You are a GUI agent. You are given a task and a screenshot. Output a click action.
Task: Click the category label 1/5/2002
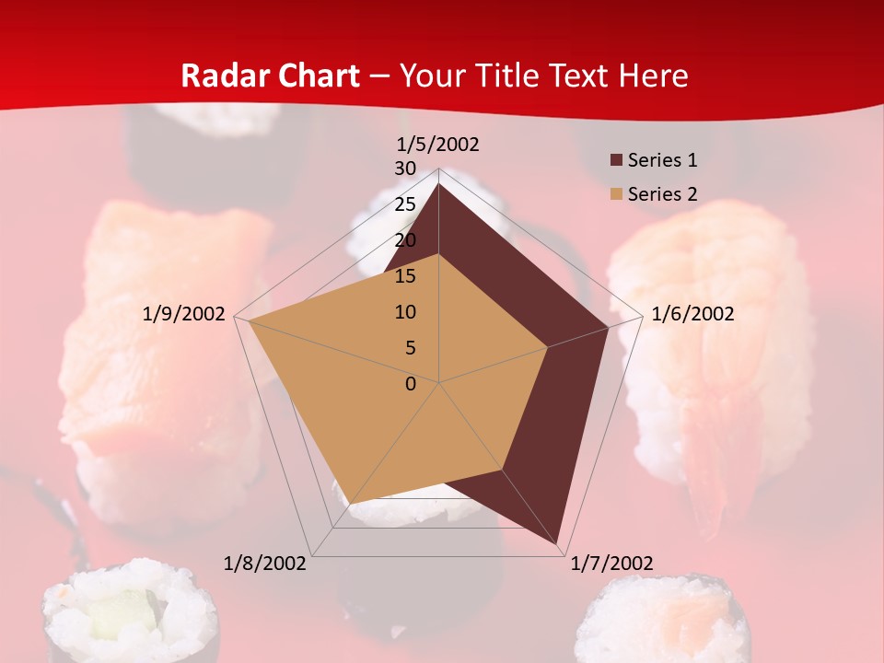(438, 144)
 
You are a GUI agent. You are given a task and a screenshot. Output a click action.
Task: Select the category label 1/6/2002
(692, 314)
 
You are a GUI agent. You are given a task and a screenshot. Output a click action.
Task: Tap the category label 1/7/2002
(612, 564)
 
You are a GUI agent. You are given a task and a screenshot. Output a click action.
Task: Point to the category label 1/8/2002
(265, 564)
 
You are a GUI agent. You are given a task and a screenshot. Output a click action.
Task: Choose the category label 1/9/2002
(184, 314)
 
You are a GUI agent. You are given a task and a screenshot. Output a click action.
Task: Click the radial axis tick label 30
(405, 169)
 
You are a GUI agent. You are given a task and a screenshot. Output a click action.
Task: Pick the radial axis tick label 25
(405, 204)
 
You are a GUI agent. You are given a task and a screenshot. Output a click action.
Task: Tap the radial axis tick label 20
(405, 240)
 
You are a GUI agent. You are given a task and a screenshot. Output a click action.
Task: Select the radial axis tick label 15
(405, 276)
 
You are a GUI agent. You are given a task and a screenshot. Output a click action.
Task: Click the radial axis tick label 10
(405, 312)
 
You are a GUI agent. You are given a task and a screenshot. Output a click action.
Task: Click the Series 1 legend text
(662, 160)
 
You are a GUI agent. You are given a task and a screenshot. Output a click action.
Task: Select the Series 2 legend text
(662, 194)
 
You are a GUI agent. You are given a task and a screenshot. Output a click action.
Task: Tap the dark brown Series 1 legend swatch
(616, 160)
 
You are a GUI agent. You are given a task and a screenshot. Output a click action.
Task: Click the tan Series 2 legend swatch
(616, 194)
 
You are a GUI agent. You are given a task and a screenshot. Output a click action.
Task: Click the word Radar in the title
(220, 76)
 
